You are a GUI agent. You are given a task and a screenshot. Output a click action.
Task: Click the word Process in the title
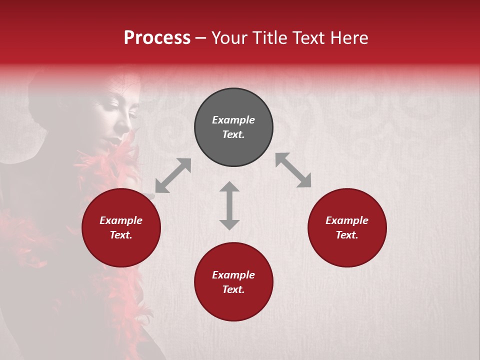[157, 38]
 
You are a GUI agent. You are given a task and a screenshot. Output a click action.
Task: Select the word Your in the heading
[227, 38]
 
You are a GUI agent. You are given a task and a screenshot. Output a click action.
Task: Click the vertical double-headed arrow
[229, 205]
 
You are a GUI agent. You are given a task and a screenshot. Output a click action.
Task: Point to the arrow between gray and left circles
[173, 175]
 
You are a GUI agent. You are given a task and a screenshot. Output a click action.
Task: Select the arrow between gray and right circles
[293, 170]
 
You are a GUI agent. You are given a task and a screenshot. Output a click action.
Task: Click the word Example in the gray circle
[233, 120]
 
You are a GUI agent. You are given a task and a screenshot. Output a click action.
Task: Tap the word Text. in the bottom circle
[233, 289]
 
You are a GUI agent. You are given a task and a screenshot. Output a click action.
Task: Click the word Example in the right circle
[347, 220]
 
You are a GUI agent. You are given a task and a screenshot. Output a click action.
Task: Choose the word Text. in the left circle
[121, 235]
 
